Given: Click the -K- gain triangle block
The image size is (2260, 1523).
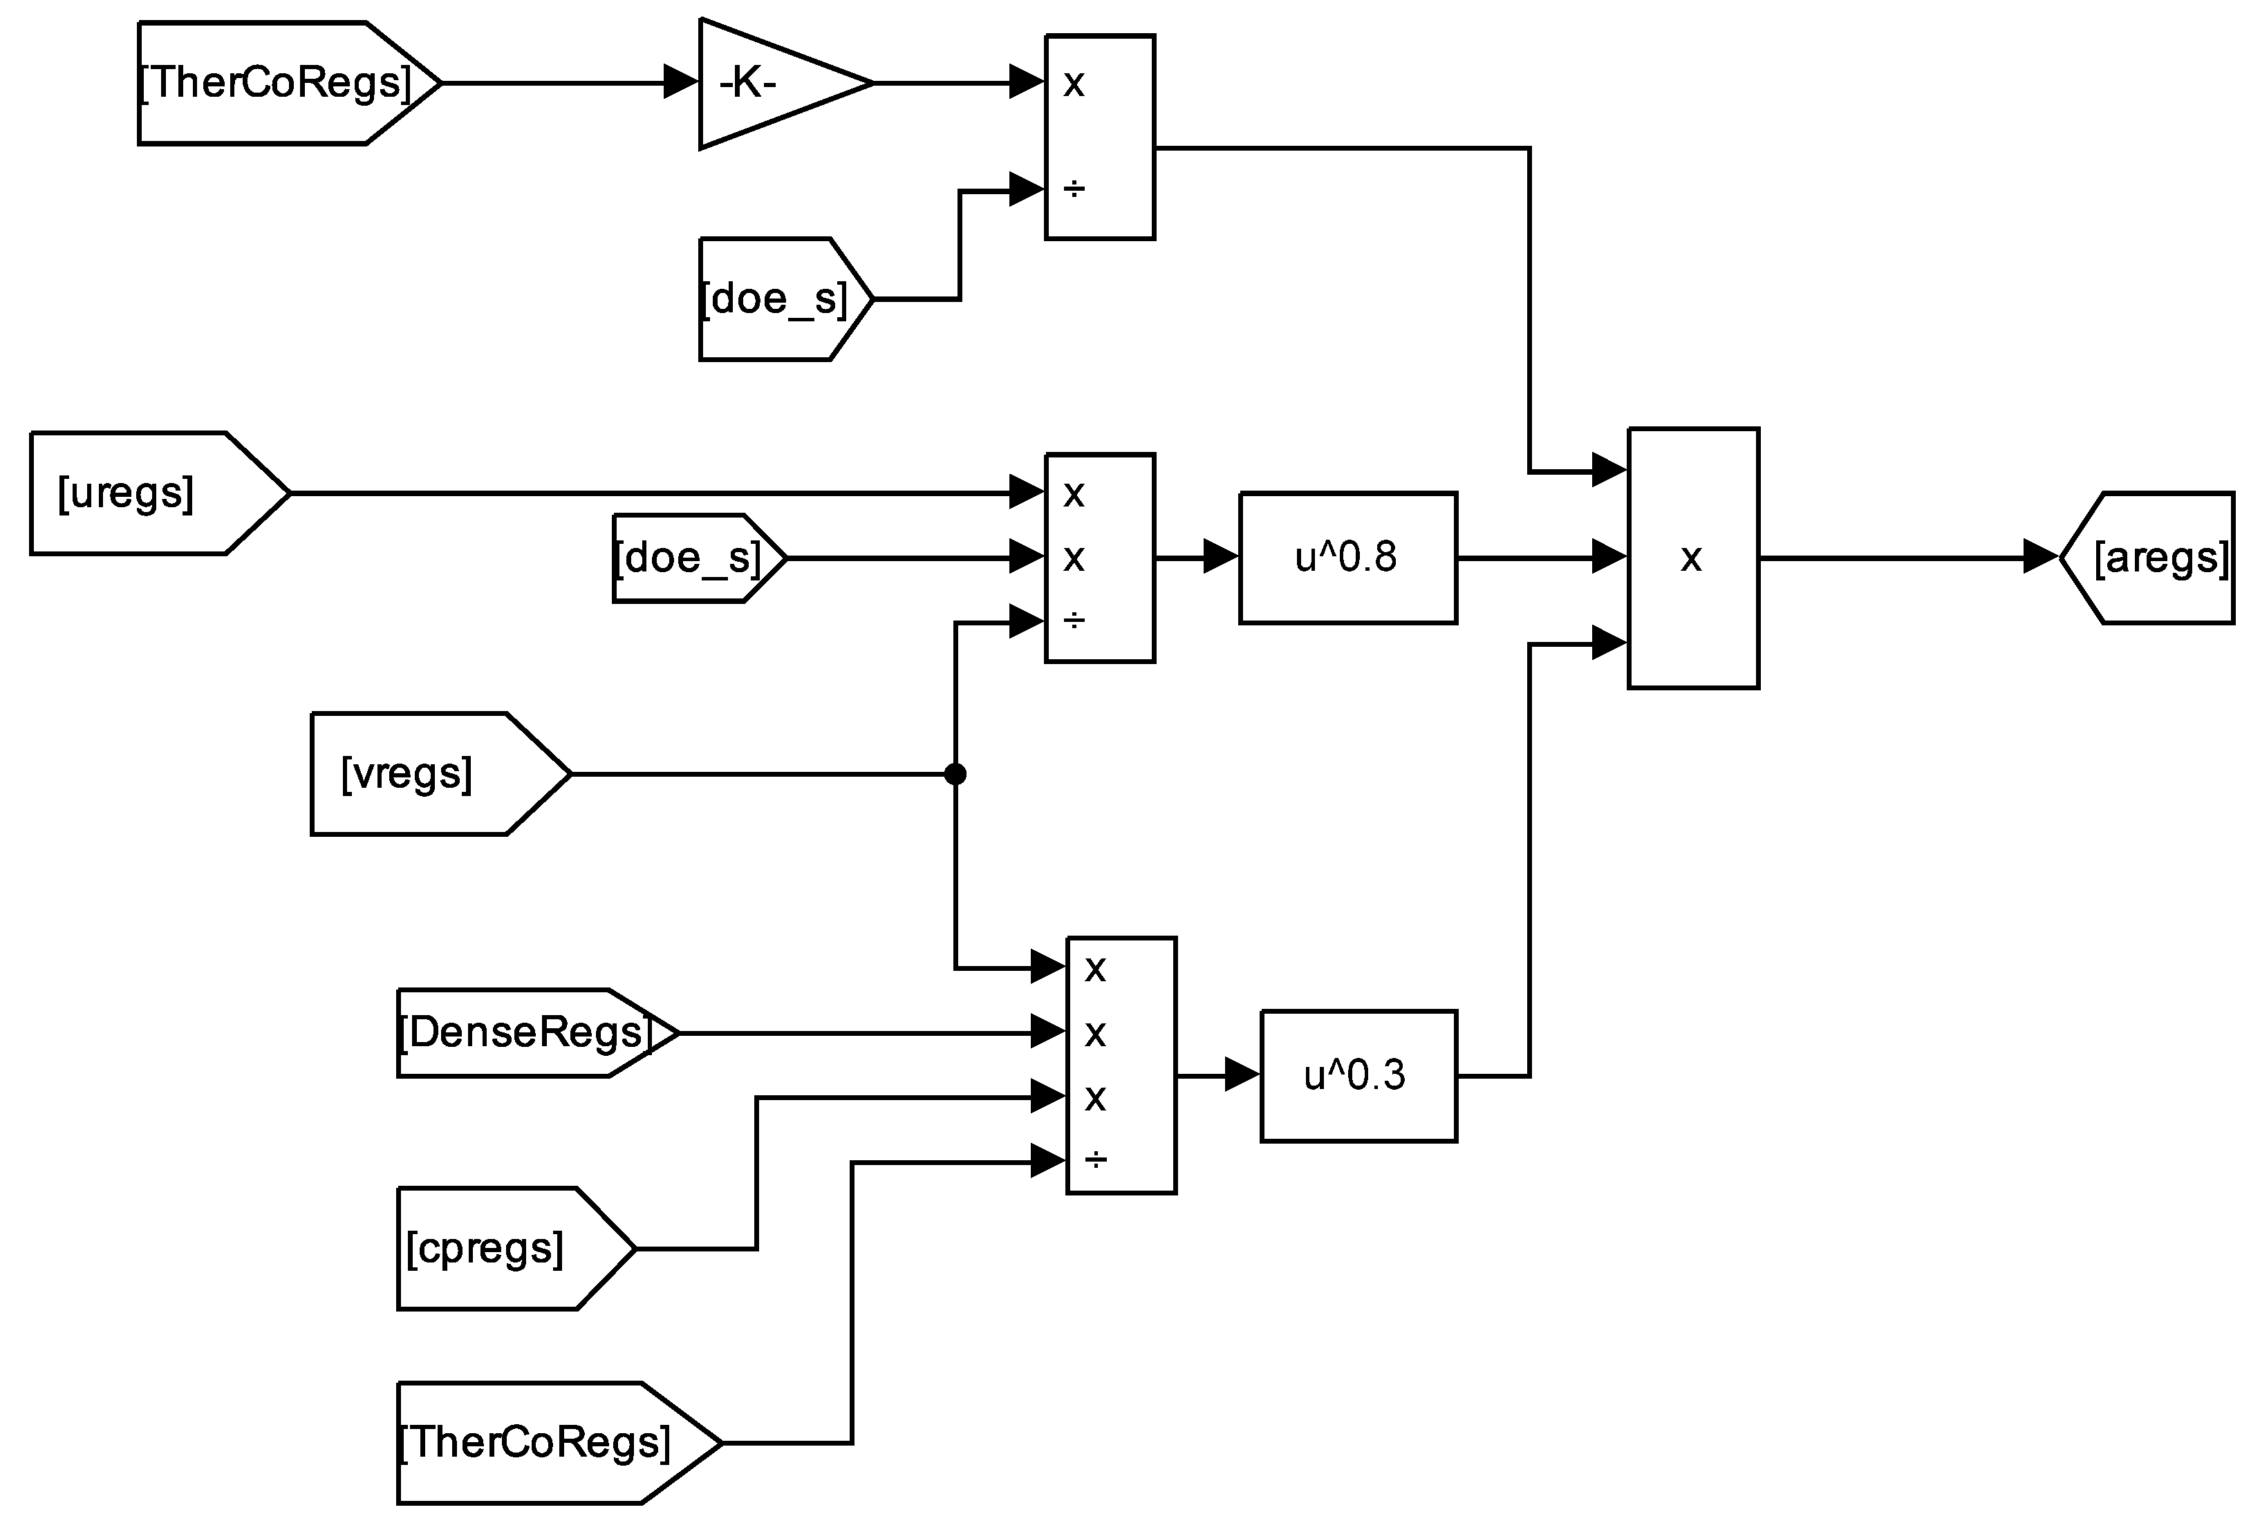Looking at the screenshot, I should [x=767, y=84].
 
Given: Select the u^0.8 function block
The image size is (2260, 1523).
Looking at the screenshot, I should [x=1347, y=558].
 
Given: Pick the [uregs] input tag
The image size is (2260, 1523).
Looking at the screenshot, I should [x=146, y=493].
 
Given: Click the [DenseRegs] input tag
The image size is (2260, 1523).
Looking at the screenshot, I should [x=525, y=1032].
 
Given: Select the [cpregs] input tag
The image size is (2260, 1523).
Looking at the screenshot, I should [x=501, y=1248].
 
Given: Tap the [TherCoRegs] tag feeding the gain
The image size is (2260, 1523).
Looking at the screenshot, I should [x=277, y=84].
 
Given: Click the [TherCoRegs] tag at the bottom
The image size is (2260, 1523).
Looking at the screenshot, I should [x=544, y=1442].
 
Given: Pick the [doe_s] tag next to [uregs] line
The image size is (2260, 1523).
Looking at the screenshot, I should [x=690, y=558].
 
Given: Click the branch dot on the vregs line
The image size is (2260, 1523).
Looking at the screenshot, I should [x=955, y=774].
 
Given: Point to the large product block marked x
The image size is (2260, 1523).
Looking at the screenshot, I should [x=1692, y=558].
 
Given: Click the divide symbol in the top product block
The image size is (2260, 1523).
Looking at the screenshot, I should [x=1074, y=189].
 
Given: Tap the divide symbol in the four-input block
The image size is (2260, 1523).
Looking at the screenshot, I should [x=1095, y=1160].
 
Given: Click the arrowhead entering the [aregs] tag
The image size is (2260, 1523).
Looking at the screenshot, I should [x=2040, y=558].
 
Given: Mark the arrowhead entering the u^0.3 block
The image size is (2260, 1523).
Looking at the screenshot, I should [x=1242, y=1075].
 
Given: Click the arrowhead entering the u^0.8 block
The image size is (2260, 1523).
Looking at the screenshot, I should [x=1220, y=558].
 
